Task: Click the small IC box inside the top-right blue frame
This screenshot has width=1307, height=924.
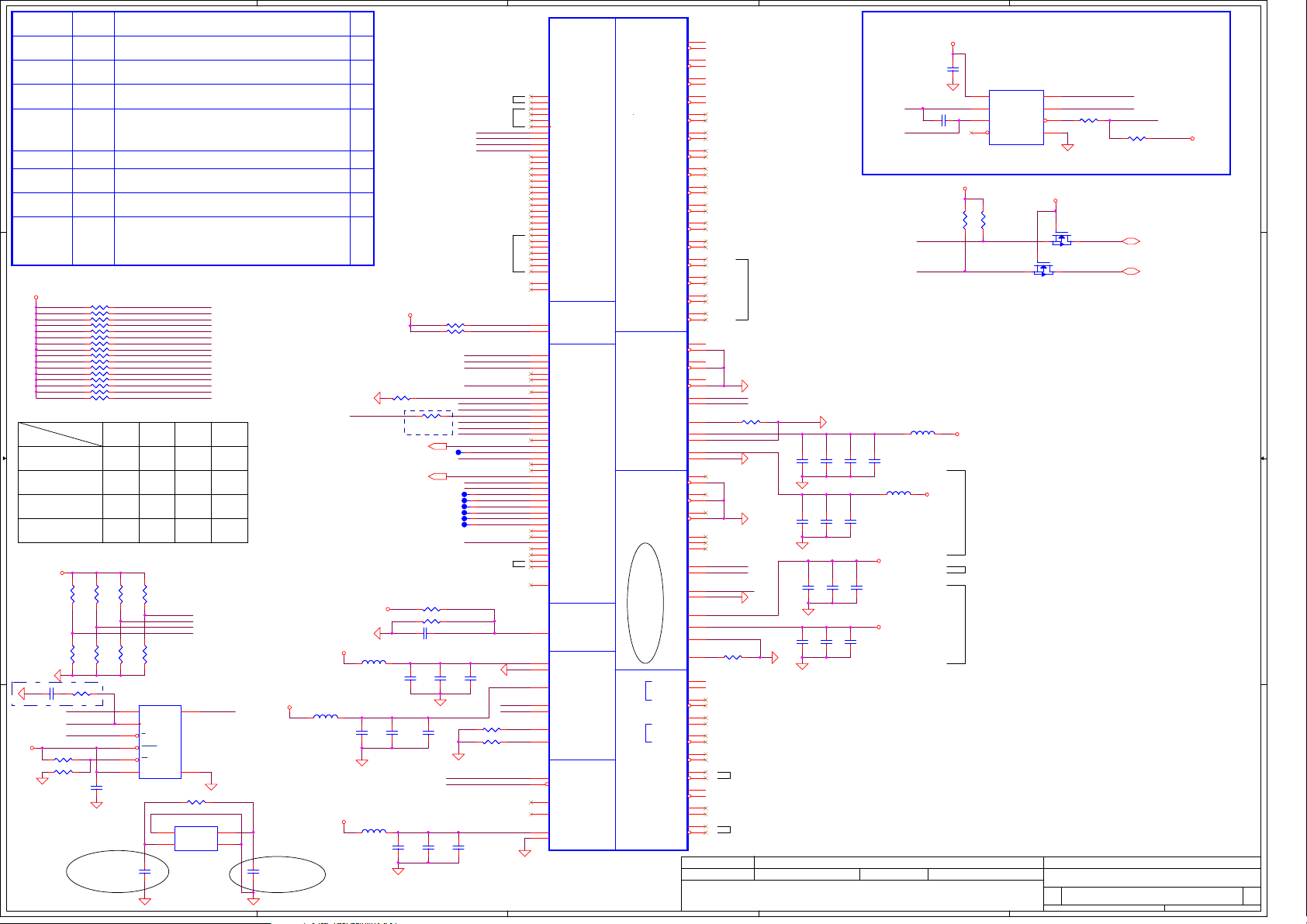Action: pyautogui.click(x=1016, y=117)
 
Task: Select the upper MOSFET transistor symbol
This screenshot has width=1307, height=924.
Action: pyautogui.click(x=1062, y=239)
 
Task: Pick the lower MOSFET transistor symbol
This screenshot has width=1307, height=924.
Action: pyautogui.click(x=1043, y=269)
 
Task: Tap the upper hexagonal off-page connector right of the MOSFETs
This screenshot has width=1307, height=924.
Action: pyautogui.click(x=1131, y=241)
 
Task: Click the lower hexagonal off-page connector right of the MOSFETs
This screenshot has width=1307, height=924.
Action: pyautogui.click(x=1131, y=272)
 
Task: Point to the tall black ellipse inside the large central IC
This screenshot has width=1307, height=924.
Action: pyautogui.click(x=645, y=603)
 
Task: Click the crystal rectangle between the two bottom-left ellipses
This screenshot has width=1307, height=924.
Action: pyautogui.click(x=196, y=839)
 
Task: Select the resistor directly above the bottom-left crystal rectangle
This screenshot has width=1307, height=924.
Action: pyautogui.click(x=196, y=802)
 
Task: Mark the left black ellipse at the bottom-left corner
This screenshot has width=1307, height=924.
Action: pyautogui.click(x=117, y=871)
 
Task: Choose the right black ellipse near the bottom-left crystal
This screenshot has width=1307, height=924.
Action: pyautogui.click(x=277, y=874)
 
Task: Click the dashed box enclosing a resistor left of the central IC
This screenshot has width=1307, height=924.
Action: pyautogui.click(x=428, y=422)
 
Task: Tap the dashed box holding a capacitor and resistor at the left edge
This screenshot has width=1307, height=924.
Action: pyautogui.click(x=57, y=694)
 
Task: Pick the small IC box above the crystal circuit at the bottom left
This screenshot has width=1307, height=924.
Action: pyautogui.click(x=160, y=742)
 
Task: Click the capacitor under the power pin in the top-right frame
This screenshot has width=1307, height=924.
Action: pyautogui.click(x=953, y=69)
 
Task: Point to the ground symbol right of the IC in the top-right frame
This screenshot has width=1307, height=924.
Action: pyautogui.click(x=1067, y=147)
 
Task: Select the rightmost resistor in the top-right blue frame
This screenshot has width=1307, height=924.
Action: pyautogui.click(x=1136, y=139)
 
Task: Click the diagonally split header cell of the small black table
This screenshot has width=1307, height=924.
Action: pyautogui.click(x=61, y=434)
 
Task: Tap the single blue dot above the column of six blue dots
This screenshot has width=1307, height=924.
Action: pyautogui.click(x=458, y=452)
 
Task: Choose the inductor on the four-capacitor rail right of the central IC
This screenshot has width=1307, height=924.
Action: pyautogui.click(x=922, y=433)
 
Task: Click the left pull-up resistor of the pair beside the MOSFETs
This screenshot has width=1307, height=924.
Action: pyautogui.click(x=965, y=221)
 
